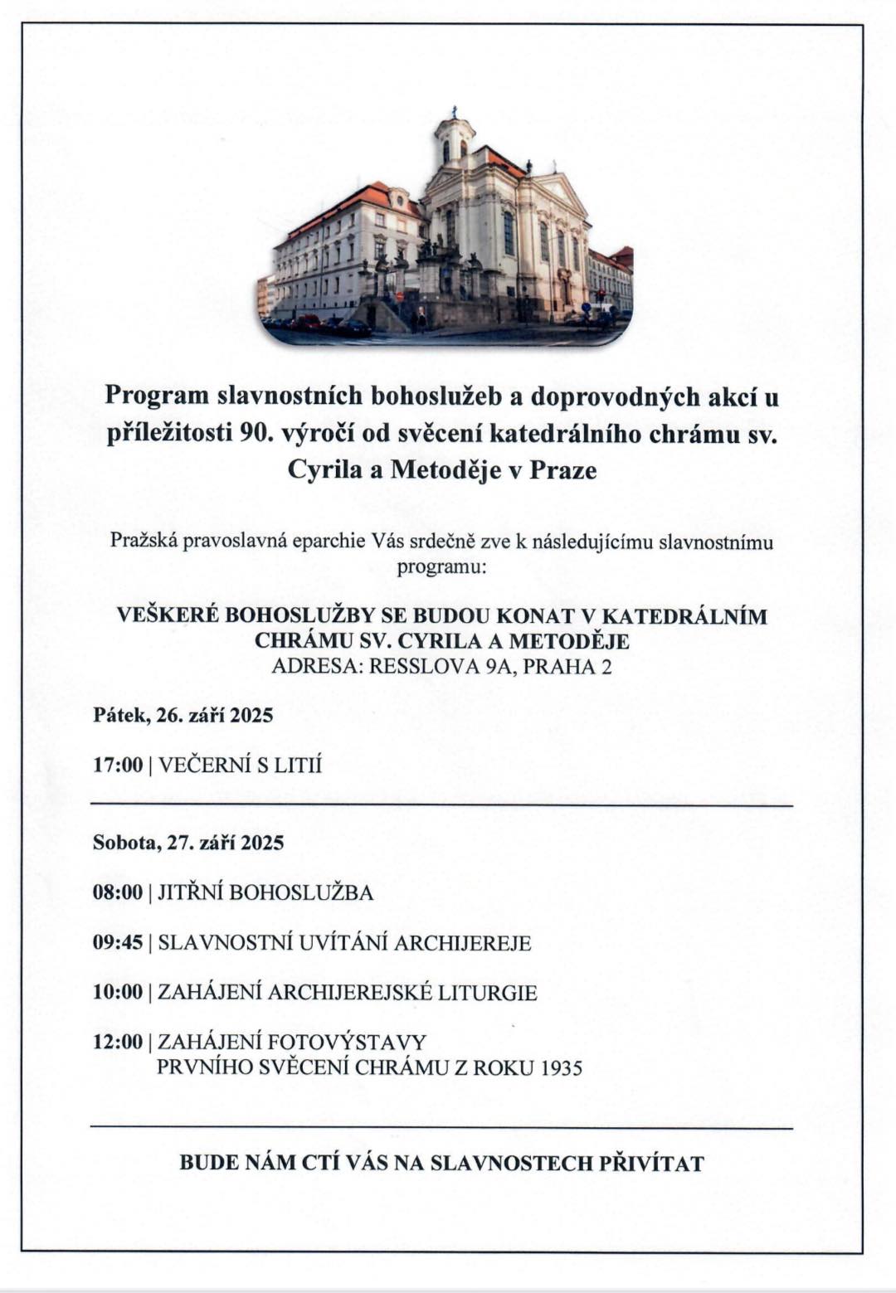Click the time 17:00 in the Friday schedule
pyautogui.click(x=118, y=765)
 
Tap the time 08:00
pyautogui.click(x=118, y=892)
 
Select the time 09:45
pyautogui.click(x=118, y=943)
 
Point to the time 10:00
pyautogui.click(x=118, y=993)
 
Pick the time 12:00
pyautogui.click(x=118, y=1042)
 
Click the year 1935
pyautogui.click(x=562, y=1067)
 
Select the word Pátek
pyautogui.click(x=121, y=715)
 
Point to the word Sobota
pyautogui.click(x=125, y=843)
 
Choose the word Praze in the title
pyautogui.click(x=563, y=470)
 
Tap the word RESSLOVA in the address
pyautogui.click(x=424, y=666)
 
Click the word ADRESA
pyautogui.click(x=316, y=666)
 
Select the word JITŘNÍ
pyautogui.click(x=190, y=892)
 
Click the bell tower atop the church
pyautogui.click(x=455, y=137)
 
